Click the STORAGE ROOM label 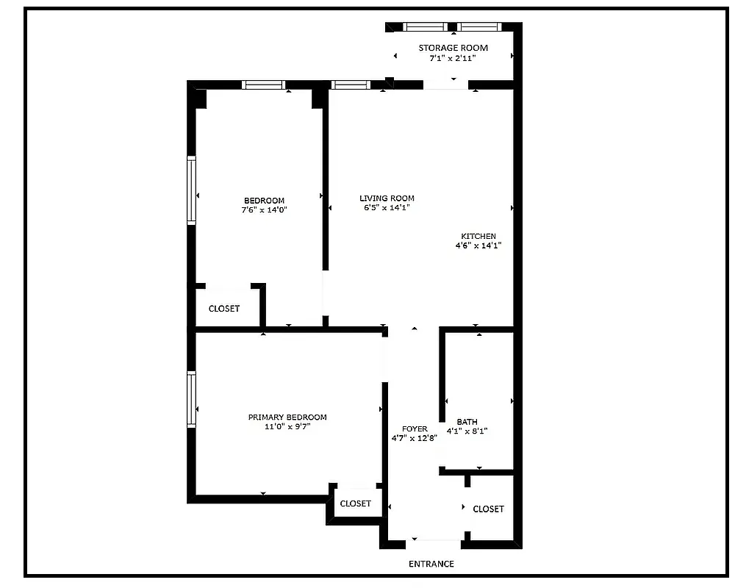click(453, 48)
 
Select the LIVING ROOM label click(387, 198)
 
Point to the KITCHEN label click(478, 236)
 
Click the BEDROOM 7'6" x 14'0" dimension click(264, 209)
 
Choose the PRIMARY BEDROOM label click(287, 417)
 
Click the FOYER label click(415, 429)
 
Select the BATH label click(467, 421)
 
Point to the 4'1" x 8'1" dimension click(467, 431)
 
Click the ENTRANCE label click(431, 564)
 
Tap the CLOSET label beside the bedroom click(224, 309)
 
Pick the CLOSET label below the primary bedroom click(356, 503)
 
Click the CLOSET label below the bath click(489, 509)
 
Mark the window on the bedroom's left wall click(192, 189)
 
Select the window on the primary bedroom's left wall click(192, 400)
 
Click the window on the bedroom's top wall click(264, 85)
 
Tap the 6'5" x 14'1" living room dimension click(387, 207)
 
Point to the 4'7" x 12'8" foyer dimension click(415, 438)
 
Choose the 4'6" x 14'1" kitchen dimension click(478, 245)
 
